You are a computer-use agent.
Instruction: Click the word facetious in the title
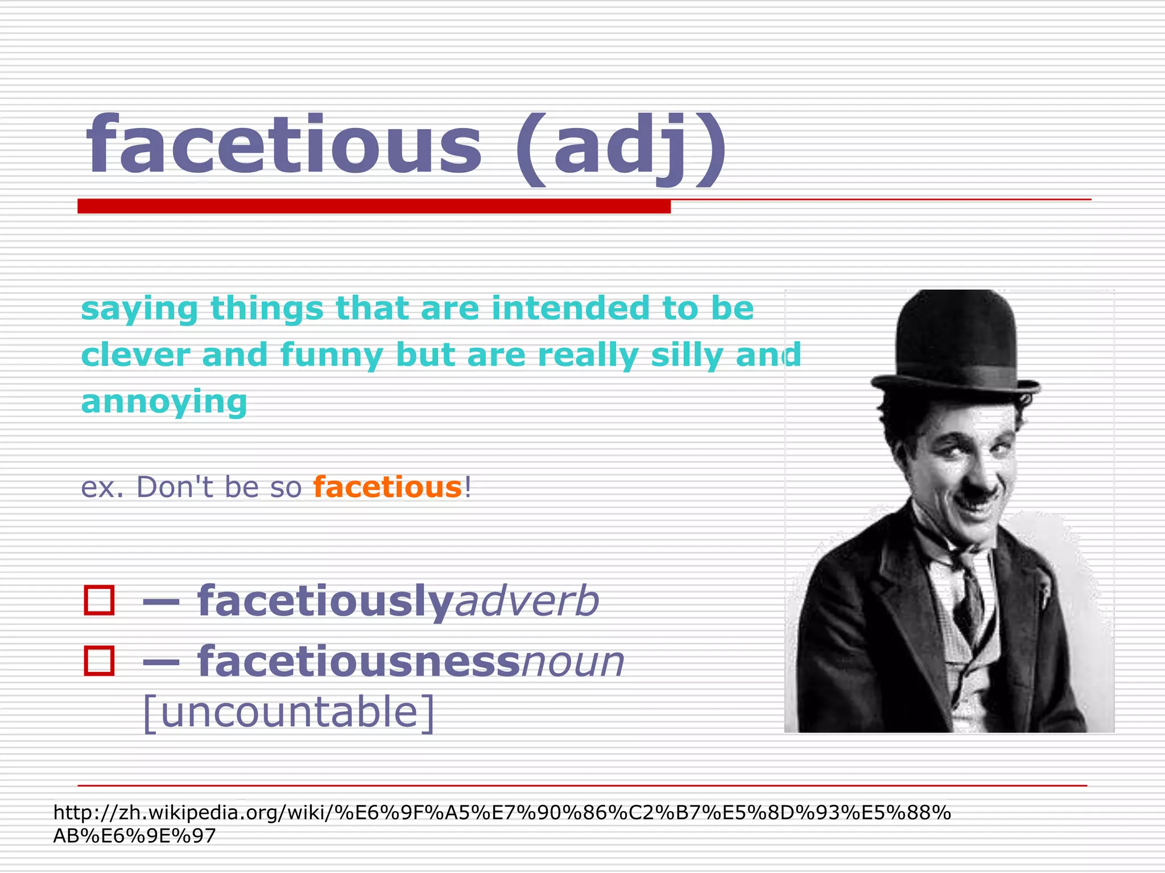[284, 145]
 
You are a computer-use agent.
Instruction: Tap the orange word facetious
[387, 487]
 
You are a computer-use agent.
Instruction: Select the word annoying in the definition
[164, 402]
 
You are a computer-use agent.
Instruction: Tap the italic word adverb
[527, 601]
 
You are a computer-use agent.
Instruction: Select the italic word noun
[572, 662]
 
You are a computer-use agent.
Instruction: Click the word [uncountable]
[288, 712]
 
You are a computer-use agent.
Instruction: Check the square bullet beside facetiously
[99, 600]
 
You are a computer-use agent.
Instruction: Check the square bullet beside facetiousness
[99, 661]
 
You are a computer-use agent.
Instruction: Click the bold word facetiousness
[358, 662]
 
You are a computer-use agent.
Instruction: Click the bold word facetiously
[325, 601]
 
